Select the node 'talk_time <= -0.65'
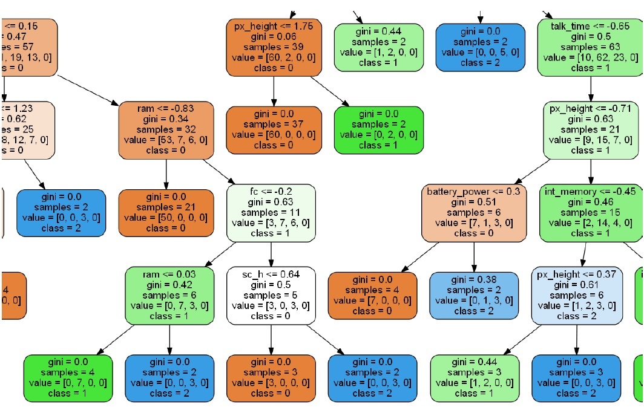click(x=590, y=47)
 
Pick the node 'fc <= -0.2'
click(x=271, y=212)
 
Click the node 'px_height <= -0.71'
click(x=590, y=129)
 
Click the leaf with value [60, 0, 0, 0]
click(x=274, y=129)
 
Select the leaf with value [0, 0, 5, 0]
click(x=480, y=47)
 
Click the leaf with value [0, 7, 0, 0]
click(x=68, y=377)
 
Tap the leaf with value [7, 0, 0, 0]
click(x=372, y=294)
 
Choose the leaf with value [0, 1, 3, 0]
click(x=474, y=294)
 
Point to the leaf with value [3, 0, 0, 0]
click(x=271, y=377)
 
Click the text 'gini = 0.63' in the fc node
click(x=271, y=202)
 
